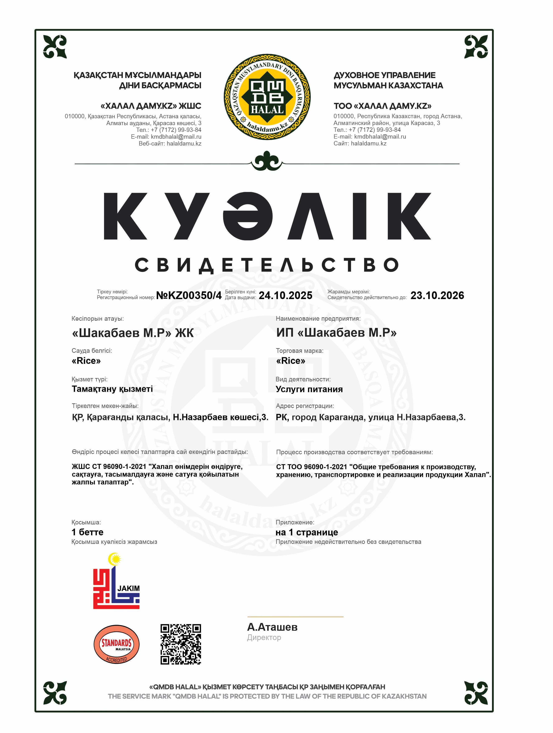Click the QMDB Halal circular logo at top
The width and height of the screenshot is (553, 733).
click(x=267, y=97)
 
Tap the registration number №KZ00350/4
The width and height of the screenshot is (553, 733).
click(x=189, y=295)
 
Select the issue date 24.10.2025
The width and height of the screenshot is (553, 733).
click(x=285, y=295)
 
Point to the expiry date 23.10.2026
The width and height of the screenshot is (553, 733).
click(x=437, y=295)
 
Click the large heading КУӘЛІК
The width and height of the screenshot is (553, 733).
click(x=267, y=216)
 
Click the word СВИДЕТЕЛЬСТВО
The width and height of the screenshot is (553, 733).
click(x=267, y=265)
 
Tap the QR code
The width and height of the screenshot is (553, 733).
click(x=181, y=644)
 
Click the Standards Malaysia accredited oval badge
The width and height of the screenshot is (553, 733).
click(x=116, y=644)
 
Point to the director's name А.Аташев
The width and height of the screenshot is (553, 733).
click(x=272, y=627)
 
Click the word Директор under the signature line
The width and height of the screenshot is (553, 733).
click(x=264, y=638)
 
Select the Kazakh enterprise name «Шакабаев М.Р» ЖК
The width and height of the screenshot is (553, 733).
click(x=132, y=333)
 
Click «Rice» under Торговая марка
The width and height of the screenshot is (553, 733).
click(x=291, y=361)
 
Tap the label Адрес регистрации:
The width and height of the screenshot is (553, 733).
click(x=305, y=406)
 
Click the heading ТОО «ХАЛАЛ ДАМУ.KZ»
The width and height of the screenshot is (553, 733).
click(x=382, y=106)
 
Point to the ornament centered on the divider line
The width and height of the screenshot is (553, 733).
click(x=267, y=161)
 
